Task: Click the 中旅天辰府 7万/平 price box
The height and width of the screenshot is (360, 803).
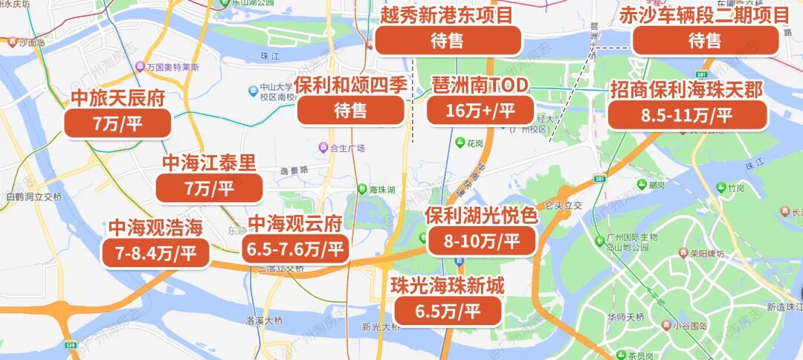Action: [x=117, y=123]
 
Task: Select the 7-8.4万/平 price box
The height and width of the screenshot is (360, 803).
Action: [x=155, y=253]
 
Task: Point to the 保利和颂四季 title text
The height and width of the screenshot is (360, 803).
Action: [x=351, y=84]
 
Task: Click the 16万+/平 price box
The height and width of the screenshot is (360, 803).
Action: [x=480, y=111]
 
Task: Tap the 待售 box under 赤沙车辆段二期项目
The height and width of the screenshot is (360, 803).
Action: [x=705, y=41]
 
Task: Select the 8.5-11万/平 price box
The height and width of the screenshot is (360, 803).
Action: [x=686, y=115]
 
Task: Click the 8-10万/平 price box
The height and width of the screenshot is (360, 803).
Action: [x=481, y=241]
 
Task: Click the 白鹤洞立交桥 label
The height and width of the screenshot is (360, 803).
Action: [x=33, y=197]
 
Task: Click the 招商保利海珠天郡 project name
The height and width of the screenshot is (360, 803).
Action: [x=686, y=91]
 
